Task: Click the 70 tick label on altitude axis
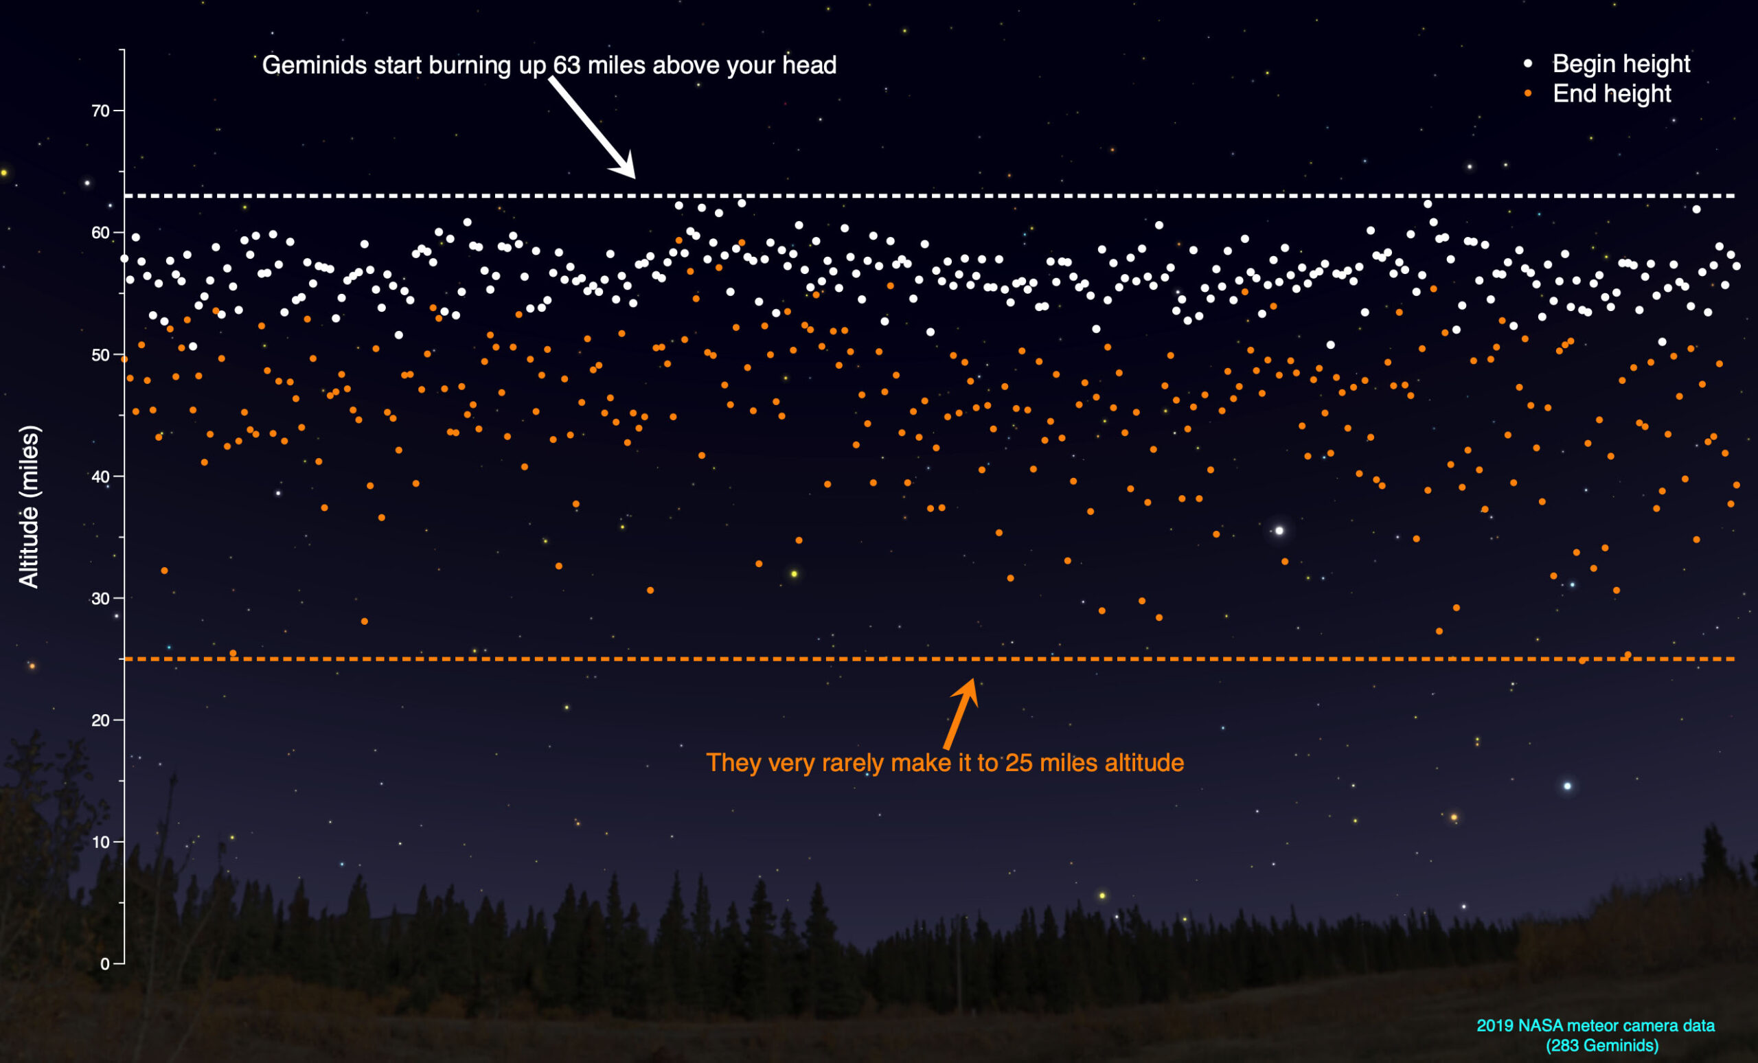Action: (x=100, y=111)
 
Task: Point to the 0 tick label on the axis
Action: (x=105, y=964)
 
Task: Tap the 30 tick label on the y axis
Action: (x=100, y=599)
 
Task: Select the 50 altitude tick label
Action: (x=100, y=355)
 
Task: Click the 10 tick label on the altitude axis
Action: (x=100, y=843)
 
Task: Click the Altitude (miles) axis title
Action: (x=29, y=507)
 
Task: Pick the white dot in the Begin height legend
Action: (x=1527, y=63)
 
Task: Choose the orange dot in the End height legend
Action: (x=1527, y=93)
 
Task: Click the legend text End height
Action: (x=1612, y=93)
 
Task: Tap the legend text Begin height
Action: (x=1621, y=63)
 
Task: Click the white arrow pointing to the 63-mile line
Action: (x=592, y=128)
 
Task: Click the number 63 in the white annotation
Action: (x=567, y=66)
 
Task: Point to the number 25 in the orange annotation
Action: (x=1019, y=764)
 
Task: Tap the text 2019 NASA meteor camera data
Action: (x=1595, y=1026)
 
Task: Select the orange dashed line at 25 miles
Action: (x=714, y=659)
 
